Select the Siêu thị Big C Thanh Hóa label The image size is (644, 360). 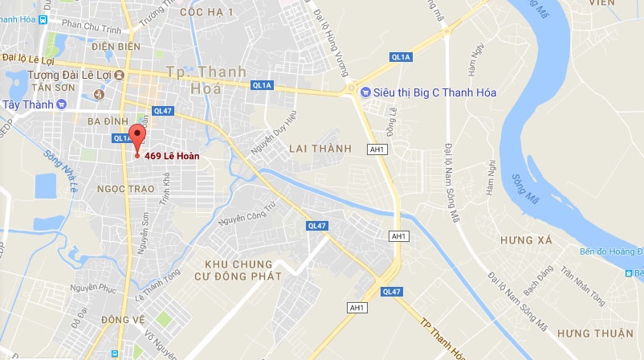pyautogui.click(x=434, y=92)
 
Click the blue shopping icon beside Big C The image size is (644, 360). pyautogui.click(x=365, y=92)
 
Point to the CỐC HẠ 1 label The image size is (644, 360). pyautogui.click(x=206, y=12)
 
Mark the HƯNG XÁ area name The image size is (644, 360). pyautogui.click(x=526, y=240)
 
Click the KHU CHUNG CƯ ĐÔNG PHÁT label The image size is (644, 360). pyautogui.click(x=238, y=270)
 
